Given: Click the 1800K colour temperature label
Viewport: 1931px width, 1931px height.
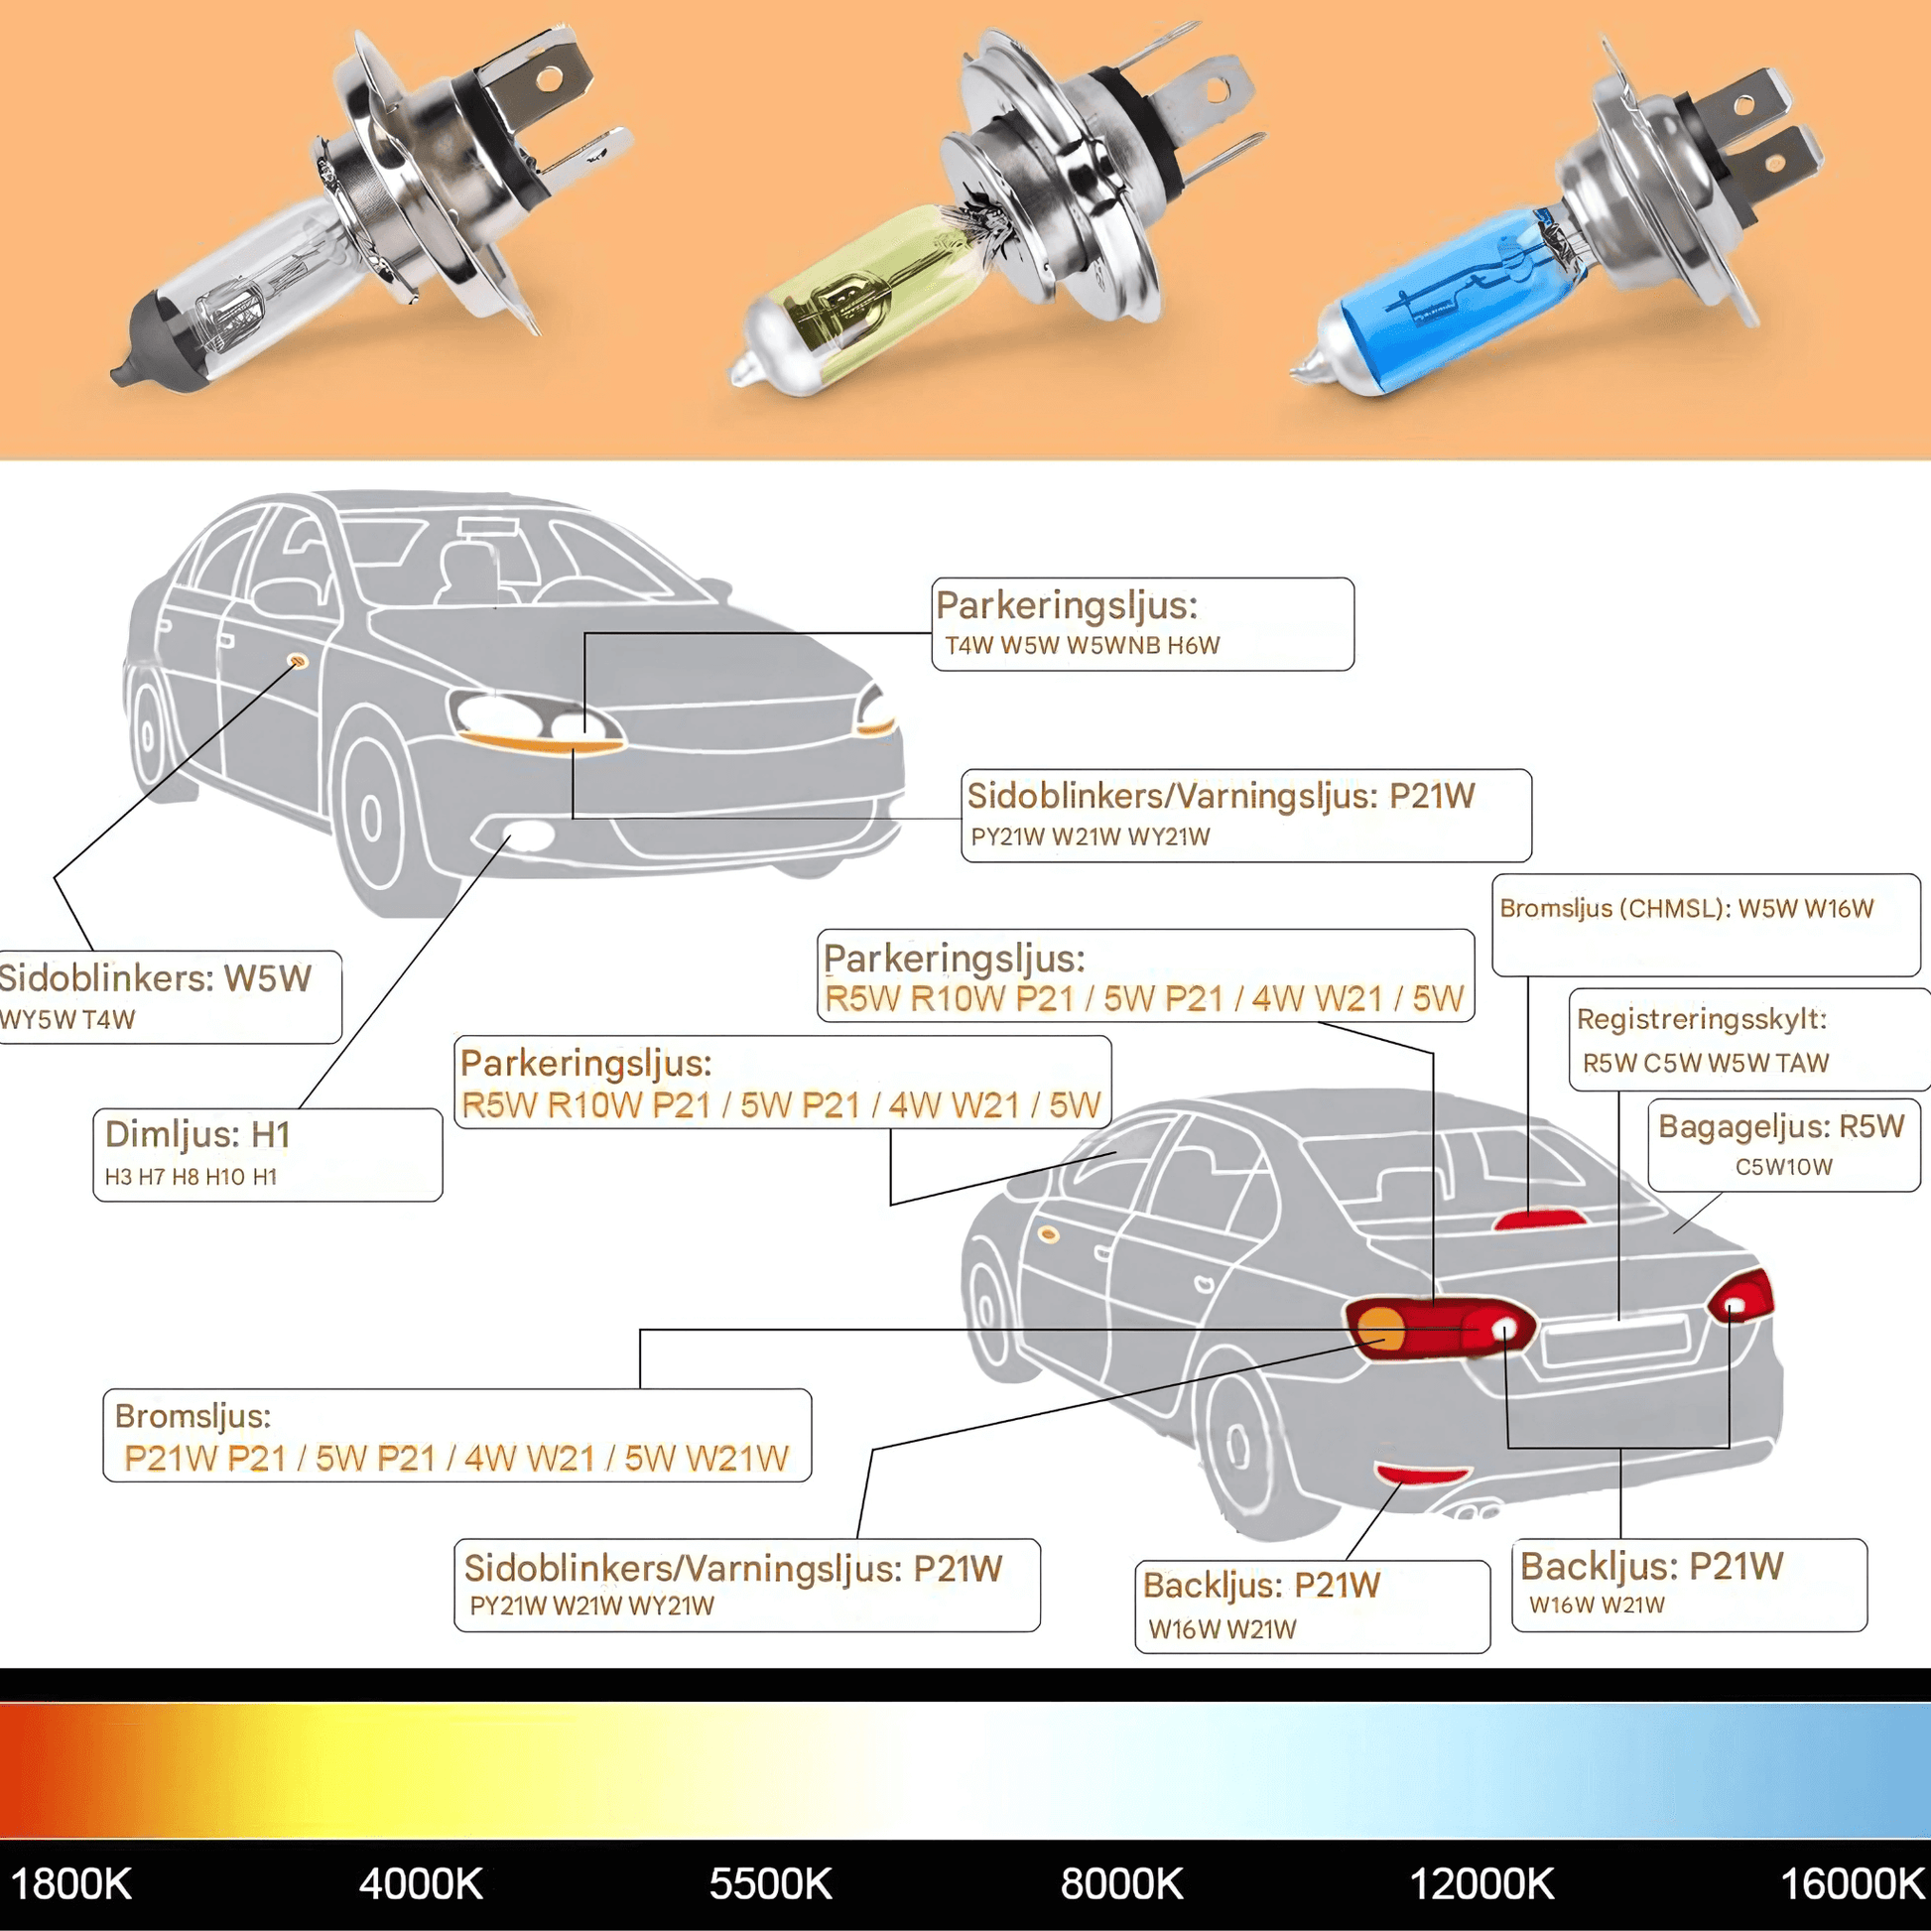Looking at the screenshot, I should tap(70, 1884).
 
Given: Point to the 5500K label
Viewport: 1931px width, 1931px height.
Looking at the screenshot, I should tap(771, 1884).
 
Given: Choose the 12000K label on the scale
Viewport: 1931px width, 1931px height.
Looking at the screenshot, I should tap(1481, 1884).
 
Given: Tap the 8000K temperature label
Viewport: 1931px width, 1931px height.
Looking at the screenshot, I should tap(1121, 1884).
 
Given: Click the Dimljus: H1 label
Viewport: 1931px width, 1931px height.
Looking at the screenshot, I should tap(197, 1134).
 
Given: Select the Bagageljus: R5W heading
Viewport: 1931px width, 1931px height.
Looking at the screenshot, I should tap(1781, 1126).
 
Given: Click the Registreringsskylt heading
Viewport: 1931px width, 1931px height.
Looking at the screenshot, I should tap(1701, 1018).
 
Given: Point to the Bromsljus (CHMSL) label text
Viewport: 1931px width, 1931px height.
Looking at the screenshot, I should tap(1686, 909).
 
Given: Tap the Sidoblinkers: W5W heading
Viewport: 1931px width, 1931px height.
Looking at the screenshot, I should tap(156, 977).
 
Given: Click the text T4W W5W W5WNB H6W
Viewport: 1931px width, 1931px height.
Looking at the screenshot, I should tap(1083, 646).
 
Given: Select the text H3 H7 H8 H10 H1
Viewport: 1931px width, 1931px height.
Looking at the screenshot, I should tap(191, 1177).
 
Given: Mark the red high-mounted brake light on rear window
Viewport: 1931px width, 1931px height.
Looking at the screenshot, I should tap(1538, 1220).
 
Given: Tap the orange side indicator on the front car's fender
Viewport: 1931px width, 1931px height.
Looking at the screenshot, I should tap(298, 661).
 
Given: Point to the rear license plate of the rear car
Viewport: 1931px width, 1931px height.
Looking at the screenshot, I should tap(1615, 1341).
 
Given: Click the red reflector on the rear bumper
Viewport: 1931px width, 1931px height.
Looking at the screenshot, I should tap(1421, 1474).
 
